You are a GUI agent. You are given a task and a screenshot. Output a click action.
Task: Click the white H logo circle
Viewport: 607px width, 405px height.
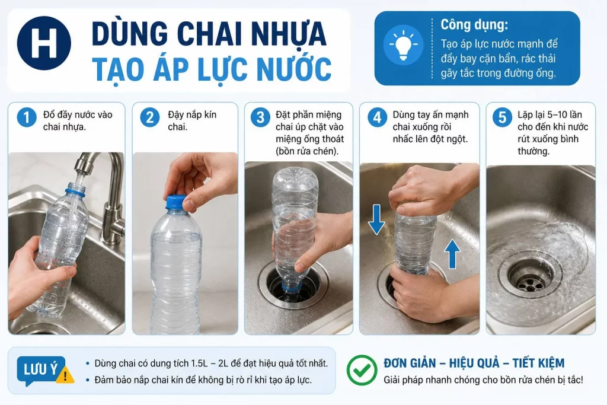[44, 43]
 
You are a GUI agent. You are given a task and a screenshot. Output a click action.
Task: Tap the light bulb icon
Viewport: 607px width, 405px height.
[403, 45]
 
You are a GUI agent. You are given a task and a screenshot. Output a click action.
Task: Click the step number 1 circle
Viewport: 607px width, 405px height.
[27, 117]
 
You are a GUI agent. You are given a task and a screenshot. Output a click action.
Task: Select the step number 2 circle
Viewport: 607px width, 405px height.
[150, 117]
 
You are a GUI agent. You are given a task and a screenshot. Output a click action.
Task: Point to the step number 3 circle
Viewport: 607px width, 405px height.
[261, 117]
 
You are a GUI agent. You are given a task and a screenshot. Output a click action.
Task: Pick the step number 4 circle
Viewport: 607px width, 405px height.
[378, 117]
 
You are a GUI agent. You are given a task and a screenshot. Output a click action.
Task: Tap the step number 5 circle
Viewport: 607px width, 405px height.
[503, 117]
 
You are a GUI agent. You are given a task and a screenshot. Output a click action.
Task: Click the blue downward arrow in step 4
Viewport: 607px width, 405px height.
[376, 219]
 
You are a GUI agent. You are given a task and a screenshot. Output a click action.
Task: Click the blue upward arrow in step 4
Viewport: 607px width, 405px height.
[452, 254]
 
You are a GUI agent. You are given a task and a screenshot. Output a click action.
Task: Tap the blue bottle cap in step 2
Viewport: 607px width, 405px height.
[177, 203]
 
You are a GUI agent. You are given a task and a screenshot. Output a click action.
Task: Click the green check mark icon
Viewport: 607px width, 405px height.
[362, 370]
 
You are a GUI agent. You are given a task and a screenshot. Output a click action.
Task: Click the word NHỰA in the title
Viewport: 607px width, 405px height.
[289, 34]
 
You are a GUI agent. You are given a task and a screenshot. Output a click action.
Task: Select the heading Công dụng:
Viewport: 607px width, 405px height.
[474, 25]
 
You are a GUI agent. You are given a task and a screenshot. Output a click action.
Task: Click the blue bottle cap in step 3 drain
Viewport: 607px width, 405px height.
[293, 286]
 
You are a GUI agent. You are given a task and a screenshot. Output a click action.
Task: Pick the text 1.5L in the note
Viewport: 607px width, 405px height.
[200, 363]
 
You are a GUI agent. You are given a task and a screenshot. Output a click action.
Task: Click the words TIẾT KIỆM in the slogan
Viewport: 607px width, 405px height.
[538, 363]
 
